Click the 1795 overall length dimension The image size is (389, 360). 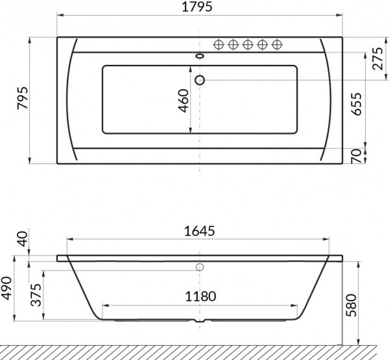click(x=199, y=8)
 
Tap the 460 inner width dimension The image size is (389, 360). click(x=183, y=101)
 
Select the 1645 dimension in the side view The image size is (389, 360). click(x=198, y=231)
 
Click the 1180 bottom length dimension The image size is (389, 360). click(x=198, y=296)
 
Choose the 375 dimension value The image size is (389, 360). click(x=36, y=295)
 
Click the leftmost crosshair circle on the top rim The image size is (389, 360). click(x=218, y=44)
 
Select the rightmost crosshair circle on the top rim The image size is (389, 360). click(x=277, y=44)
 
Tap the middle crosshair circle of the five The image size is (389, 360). click(x=248, y=44)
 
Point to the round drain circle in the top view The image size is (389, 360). click(x=200, y=80)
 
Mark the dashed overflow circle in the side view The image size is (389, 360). click(x=200, y=267)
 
